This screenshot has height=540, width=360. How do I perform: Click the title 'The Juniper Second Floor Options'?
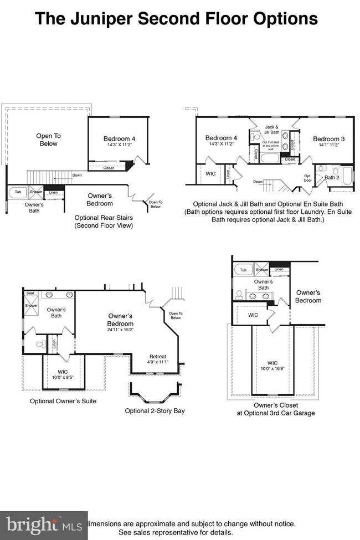176,19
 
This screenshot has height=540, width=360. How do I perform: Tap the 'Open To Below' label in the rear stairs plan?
48,140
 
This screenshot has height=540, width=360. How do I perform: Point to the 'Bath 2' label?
331,177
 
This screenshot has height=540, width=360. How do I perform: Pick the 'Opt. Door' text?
308,178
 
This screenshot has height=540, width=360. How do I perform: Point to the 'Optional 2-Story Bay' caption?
155,411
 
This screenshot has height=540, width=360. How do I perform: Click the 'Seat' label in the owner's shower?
30,294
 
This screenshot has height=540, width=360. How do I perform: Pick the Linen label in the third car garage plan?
279,269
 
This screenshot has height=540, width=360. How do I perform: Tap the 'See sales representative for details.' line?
176,532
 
